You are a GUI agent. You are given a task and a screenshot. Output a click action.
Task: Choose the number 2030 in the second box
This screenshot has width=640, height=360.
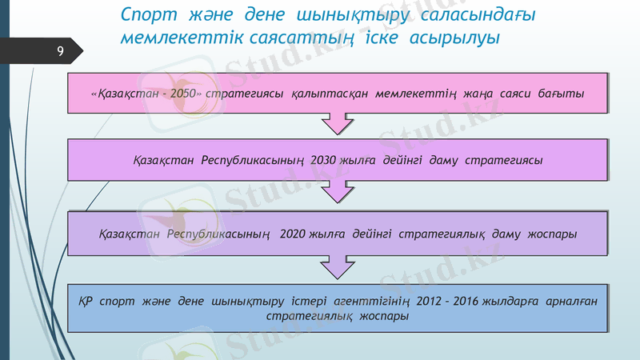click(325, 160)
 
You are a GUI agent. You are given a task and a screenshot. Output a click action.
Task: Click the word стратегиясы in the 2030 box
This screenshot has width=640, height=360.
click(505, 160)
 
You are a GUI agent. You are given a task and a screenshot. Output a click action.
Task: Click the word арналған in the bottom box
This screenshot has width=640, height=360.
click(570, 302)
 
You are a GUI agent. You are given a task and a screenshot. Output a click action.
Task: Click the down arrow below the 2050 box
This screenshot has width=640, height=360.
click(337, 125)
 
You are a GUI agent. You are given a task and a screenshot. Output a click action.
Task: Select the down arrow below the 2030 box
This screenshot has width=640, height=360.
click(337, 192)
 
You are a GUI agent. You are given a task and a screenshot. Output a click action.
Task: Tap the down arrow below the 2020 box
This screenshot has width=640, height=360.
click(337, 266)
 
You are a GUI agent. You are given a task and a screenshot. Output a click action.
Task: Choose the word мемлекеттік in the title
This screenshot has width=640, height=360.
click(171, 37)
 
